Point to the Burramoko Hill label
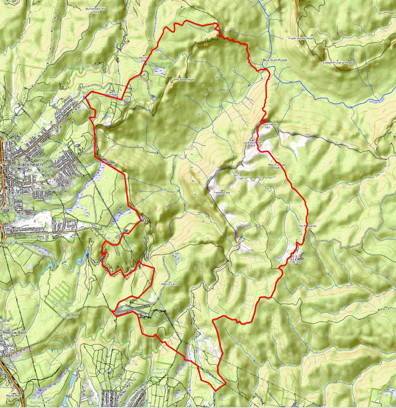tap(94, 8)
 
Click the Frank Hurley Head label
tap(301, 38)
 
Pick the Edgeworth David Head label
tap(337, 62)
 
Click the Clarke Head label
tap(186, 79)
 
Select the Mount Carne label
tap(170, 284)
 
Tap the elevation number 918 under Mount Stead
tap(276, 168)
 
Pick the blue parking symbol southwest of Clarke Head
tap(154, 96)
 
